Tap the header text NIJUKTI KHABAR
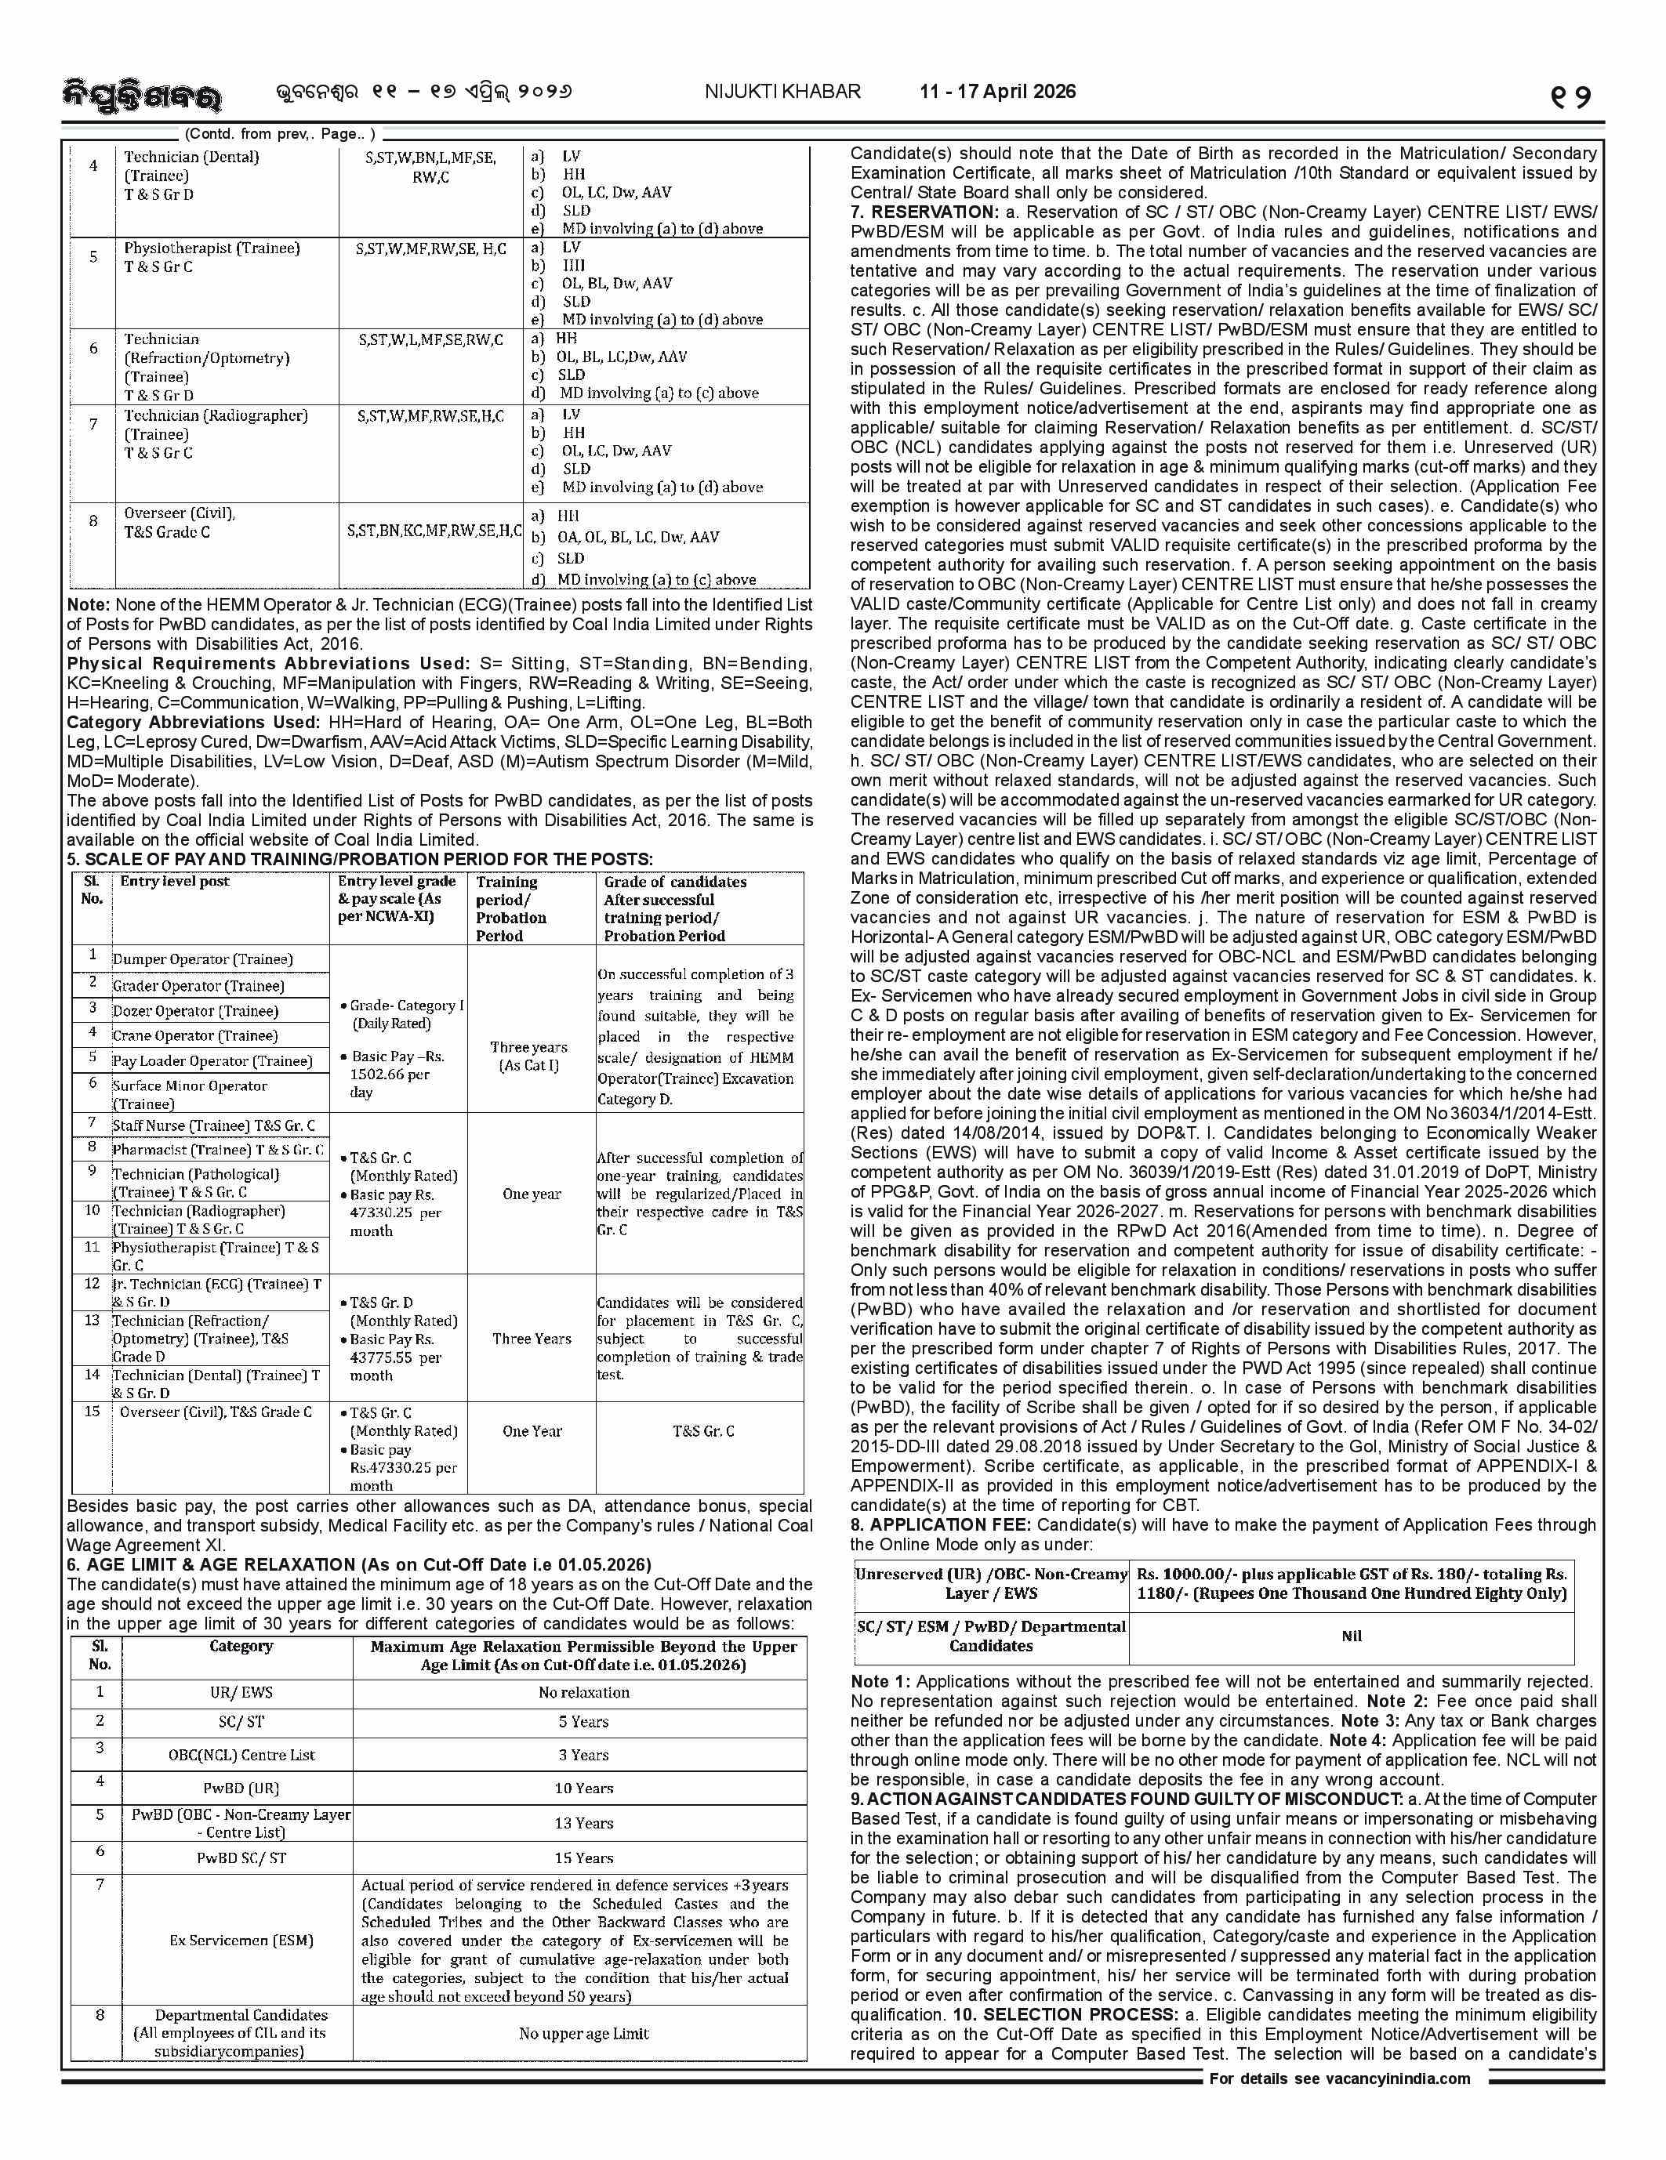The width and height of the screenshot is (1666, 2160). pyautogui.click(x=782, y=92)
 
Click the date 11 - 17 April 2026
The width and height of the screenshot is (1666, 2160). pyautogui.click(x=996, y=92)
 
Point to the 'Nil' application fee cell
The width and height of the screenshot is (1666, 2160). pyautogui.click(x=1352, y=1636)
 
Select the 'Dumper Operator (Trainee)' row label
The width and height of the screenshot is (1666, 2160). pyautogui.click(x=203, y=959)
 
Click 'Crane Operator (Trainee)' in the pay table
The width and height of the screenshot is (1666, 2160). pyautogui.click(x=195, y=1035)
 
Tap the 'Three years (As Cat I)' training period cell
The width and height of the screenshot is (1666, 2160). pyautogui.click(x=529, y=1056)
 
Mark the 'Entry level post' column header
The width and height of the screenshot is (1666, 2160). pyautogui.click(x=175, y=881)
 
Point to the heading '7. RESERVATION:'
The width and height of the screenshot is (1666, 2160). pyautogui.click(x=924, y=212)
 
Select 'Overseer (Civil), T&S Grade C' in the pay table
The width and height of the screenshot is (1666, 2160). pyautogui.click(x=216, y=1412)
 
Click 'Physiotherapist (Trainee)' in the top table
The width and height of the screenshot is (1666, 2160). pyautogui.click(x=212, y=248)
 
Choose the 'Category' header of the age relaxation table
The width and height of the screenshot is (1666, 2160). pyautogui.click(x=241, y=1646)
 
